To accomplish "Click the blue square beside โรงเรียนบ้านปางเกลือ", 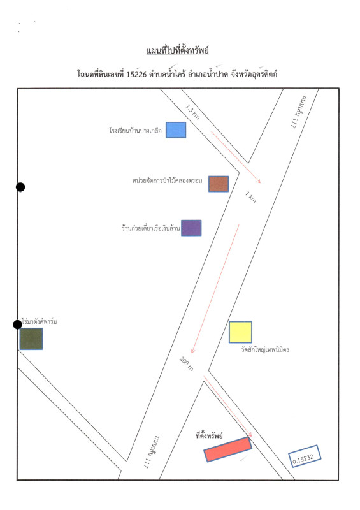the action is coord(176,130).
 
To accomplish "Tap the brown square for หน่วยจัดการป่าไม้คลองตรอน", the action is coord(219,184).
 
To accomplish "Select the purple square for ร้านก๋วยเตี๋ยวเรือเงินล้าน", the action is coord(191,228).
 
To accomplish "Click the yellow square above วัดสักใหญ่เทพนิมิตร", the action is coord(240,332).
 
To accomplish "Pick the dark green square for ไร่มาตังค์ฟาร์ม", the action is coord(31,339).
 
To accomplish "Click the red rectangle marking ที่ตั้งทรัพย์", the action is coord(228,449).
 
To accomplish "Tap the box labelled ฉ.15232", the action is coord(305,456).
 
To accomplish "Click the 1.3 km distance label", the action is coord(192,112).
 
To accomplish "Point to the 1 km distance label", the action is coord(251,197).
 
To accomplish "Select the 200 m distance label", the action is coord(187,363).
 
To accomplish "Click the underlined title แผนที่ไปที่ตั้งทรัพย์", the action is coord(178,51).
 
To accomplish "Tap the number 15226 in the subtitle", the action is coord(136,74).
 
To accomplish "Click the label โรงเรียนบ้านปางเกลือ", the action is coord(135,131).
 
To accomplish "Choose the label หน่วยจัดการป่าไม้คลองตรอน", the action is coord(167,180).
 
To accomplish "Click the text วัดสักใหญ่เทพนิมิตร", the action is coord(265,350).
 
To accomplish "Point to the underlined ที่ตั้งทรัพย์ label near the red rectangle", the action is coord(209,435).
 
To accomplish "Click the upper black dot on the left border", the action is coord(20,187).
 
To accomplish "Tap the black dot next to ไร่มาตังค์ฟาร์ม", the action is coord(18,324).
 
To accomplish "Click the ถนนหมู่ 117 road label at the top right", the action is coord(299,112).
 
